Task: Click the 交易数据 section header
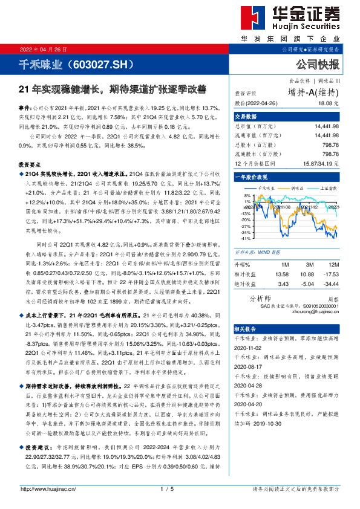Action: (246, 117)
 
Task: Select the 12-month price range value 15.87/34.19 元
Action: (319, 164)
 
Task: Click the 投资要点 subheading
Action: (30, 164)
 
